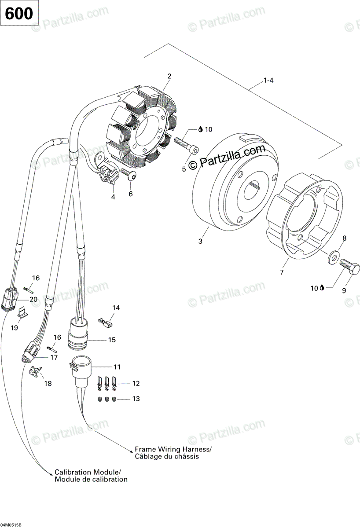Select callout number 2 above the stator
(x=169, y=76)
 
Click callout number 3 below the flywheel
(x=200, y=242)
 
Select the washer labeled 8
(x=334, y=255)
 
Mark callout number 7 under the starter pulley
(x=282, y=273)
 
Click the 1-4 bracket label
(x=268, y=81)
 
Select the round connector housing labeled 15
(x=78, y=337)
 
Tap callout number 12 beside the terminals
(x=136, y=384)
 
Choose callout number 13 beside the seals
(x=136, y=399)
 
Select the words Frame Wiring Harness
(x=173, y=449)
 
